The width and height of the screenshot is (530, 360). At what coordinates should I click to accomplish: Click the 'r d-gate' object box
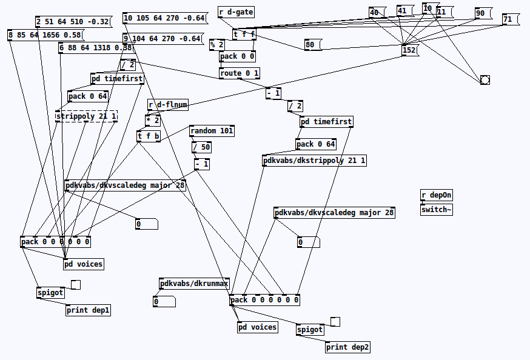[236, 12]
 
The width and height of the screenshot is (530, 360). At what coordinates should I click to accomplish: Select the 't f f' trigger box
[244, 35]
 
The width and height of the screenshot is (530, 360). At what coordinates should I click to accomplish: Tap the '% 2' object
[217, 44]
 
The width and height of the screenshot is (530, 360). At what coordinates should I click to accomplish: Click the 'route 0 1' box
[239, 73]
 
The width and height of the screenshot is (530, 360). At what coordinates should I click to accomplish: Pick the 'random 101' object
[211, 131]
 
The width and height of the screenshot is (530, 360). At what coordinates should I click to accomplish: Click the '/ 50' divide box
[201, 147]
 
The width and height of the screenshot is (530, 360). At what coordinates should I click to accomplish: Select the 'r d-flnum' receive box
[167, 105]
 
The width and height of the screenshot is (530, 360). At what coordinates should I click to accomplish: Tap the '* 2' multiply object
[153, 120]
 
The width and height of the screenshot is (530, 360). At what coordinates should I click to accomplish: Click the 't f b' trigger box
[149, 136]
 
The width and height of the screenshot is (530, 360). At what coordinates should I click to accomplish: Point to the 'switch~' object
[436, 210]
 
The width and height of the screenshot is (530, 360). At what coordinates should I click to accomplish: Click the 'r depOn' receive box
[436, 195]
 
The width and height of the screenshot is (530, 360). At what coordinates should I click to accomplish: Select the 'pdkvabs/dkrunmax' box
[194, 284]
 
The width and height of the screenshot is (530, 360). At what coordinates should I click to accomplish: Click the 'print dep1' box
[88, 310]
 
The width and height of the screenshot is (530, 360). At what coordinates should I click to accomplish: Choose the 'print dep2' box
[347, 347]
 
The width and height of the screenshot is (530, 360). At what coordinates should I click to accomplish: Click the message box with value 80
[312, 45]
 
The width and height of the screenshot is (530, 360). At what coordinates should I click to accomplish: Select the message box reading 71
[509, 19]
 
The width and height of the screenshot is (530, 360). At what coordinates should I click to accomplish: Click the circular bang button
[485, 80]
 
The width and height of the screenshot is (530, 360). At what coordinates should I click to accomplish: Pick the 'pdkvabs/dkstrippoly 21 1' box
[314, 161]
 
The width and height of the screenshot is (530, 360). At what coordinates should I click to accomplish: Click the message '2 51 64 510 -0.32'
[72, 22]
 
